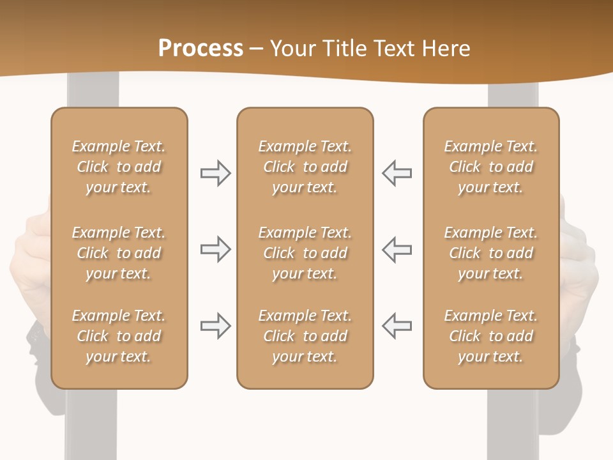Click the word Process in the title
point(201,49)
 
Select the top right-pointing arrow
point(215,173)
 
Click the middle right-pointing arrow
point(215,250)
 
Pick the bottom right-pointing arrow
point(215,326)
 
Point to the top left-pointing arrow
point(397,173)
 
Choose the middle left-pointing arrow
point(397,250)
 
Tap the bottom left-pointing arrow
point(397,326)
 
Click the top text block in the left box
point(119,167)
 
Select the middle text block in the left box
point(119,253)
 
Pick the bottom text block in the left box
point(119,336)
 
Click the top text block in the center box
point(305,167)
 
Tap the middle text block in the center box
point(305,253)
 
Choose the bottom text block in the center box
point(305,336)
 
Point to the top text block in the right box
point(491,167)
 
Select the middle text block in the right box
point(491,253)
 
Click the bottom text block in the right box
point(491,336)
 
